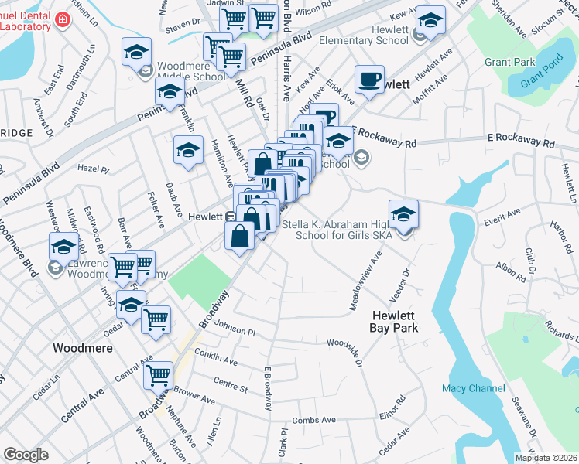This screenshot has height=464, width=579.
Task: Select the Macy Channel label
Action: tap(473, 387)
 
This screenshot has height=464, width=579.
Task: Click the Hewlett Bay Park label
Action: tap(395, 322)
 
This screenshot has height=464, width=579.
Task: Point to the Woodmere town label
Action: tap(82, 348)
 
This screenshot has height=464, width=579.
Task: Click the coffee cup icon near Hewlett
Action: tap(369, 79)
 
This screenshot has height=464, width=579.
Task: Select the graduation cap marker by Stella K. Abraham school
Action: tap(403, 213)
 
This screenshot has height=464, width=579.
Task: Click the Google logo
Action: tap(26, 454)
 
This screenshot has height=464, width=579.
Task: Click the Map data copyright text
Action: tap(546, 457)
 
